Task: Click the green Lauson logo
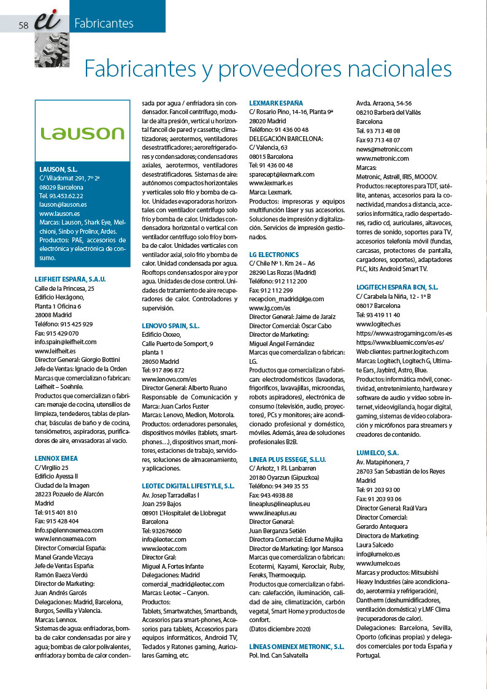coord(82,133)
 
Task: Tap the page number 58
coord(24,25)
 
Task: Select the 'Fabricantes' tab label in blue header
coord(104,24)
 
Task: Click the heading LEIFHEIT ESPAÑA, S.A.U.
coord(71,279)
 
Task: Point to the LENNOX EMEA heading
coord(56,458)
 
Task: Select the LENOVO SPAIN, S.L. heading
coord(171,326)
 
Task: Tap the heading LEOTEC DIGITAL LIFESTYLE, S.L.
coord(188,485)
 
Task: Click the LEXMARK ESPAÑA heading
coord(276,103)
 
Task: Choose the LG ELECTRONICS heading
coord(274,255)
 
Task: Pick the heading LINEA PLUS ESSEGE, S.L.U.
coord(288,459)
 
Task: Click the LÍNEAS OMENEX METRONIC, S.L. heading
coord(296,647)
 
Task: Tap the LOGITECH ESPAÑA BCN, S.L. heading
coord(397,287)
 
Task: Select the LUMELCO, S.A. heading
coord(377,453)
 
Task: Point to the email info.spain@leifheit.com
coord(66,342)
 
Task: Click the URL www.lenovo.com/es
coord(169,380)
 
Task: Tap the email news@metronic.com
coord(384,149)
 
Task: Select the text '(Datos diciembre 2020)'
coord(280,629)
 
